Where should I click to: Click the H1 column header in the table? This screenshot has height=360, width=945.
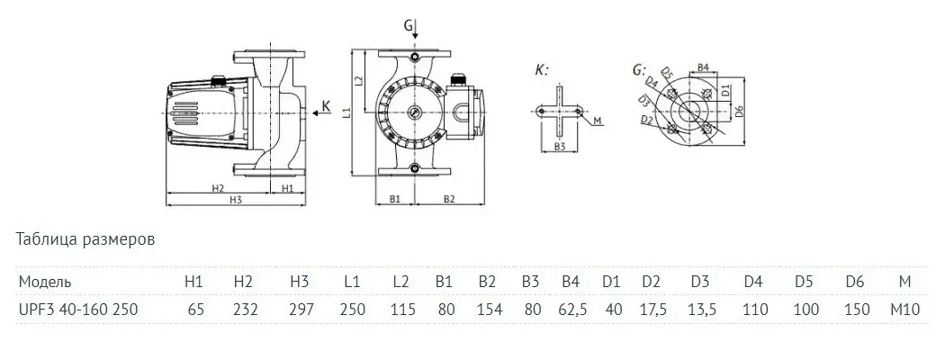pos(193,282)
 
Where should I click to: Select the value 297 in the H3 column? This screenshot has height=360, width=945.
pos(300,309)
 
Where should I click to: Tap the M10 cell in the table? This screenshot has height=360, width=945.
pos(904,309)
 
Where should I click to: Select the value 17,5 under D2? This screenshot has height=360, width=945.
pos(652,309)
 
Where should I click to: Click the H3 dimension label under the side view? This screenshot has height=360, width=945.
pos(236,199)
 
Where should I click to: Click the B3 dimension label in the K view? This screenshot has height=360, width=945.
pos(559,145)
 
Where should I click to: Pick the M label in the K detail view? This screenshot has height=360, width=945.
pos(598,121)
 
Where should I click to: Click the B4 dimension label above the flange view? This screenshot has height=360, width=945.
pos(706,67)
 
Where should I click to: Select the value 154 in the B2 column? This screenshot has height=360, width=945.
pos(487,309)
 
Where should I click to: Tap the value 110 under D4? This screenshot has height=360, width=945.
pos(753,309)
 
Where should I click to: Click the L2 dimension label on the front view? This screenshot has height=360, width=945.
pos(359,81)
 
